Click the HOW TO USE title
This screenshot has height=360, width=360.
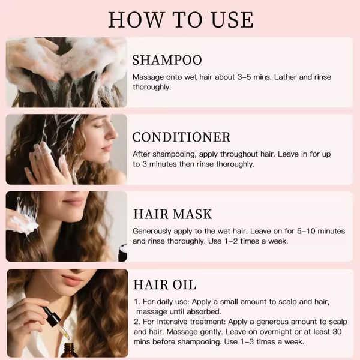point(181,20)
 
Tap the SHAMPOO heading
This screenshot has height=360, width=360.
point(167,60)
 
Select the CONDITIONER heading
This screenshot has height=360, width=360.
point(181,137)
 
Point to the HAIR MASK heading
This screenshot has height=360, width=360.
point(172,214)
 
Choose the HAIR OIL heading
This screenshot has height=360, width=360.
point(164,284)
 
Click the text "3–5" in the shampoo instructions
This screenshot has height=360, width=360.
point(244,77)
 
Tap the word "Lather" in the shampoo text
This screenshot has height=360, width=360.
point(286,77)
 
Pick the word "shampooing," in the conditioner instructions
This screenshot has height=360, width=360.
point(175,154)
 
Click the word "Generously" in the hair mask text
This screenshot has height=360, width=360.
point(152,231)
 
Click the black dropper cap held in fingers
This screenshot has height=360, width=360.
point(52,316)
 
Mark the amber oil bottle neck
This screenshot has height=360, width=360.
point(68,346)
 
